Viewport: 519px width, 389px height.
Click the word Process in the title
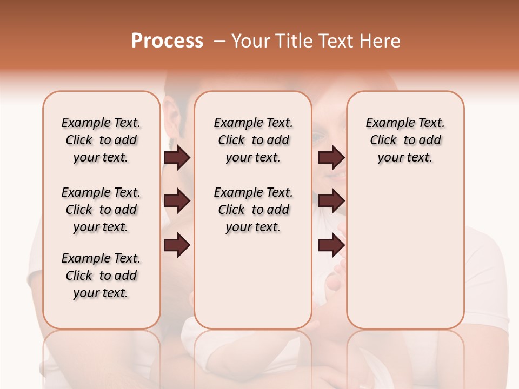[167, 41]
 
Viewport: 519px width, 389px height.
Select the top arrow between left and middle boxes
[177, 158]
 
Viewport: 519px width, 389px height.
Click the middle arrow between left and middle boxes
[177, 202]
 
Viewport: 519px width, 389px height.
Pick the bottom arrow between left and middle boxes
[177, 245]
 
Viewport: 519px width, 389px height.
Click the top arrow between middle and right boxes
[331, 158]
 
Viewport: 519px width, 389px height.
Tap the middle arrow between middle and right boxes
[331, 202]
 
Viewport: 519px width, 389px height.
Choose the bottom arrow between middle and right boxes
[331, 245]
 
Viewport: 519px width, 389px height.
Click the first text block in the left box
[101, 140]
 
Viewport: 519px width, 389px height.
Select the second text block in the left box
[101, 210]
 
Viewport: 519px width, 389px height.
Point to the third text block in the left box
[101, 276]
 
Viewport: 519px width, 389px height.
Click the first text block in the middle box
[253, 140]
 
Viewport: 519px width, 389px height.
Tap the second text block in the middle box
[253, 210]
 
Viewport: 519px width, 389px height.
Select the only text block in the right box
[405, 140]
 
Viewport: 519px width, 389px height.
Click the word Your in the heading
[250, 41]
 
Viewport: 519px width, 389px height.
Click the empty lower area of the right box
[405, 270]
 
